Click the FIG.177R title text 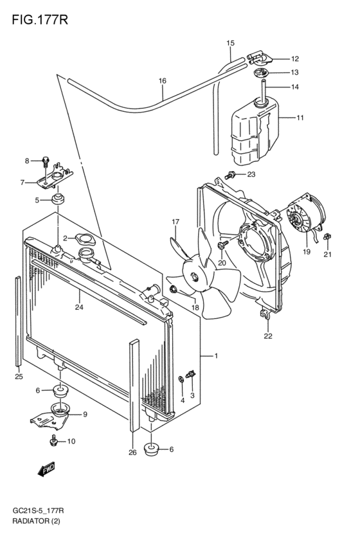click(40, 20)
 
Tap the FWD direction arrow click(46, 470)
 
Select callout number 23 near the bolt click(251, 174)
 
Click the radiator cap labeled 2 click(84, 240)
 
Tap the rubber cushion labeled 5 click(58, 201)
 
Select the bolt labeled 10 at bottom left click(53, 440)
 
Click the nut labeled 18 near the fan click(173, 289)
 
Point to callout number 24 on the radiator click(79, 307)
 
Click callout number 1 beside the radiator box click(216, 356)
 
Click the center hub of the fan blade click(194, 277)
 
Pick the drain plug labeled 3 click(190, 375)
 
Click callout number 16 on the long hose click(163, 81)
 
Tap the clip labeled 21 click(328, 237)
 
